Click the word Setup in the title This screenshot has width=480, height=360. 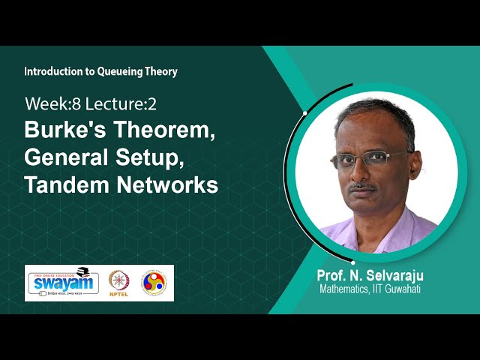[162, 157]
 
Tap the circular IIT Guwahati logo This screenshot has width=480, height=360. [154, 282]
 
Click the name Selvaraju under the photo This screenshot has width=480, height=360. [394, 275]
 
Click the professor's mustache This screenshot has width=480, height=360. [364, 186]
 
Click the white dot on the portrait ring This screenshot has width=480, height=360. [305, 112]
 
